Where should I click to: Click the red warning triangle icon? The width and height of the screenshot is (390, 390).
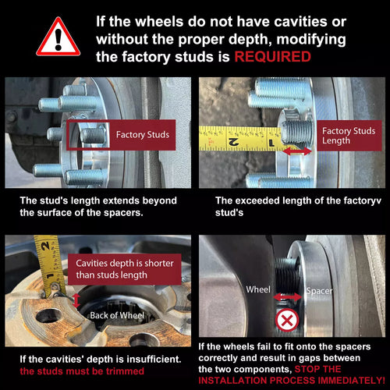point(58,37)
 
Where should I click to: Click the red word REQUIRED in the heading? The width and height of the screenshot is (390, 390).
point(273,57)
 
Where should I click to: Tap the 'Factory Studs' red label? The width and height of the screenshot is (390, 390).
point(143,135)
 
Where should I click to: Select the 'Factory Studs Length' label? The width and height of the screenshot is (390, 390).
point(349,136)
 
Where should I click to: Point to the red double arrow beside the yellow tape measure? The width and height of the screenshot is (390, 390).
point(297,151)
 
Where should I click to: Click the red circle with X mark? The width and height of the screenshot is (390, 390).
point(287,320)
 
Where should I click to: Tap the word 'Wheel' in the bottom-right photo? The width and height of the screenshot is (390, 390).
point(258,289)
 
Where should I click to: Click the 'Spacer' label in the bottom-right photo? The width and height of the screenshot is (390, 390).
point(319,291)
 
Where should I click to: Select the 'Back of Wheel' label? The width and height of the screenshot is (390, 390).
point(117,315)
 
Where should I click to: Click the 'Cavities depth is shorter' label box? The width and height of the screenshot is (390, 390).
point(125,269)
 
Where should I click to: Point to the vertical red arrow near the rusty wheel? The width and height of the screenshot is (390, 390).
point(76,300)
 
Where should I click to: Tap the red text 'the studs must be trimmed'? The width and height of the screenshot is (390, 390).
point(82,371)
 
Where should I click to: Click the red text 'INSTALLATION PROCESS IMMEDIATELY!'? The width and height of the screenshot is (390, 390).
point(292,381)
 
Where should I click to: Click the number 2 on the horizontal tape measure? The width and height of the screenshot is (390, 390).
point(233,142)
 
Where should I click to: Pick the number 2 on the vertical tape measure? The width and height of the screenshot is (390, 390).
point(46,246)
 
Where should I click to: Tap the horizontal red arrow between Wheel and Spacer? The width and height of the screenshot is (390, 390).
point(288,297)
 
